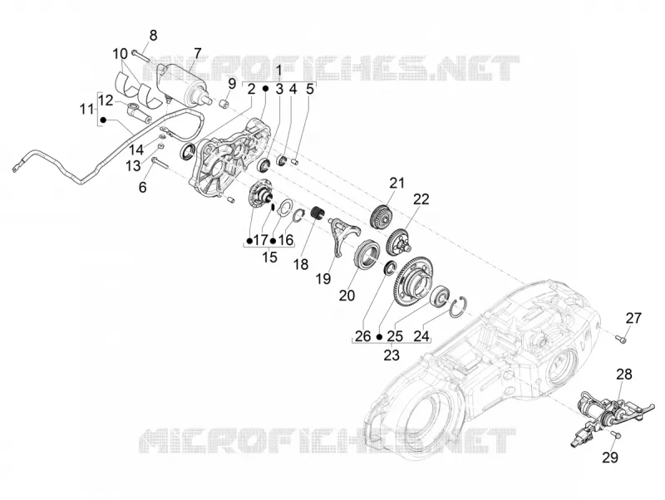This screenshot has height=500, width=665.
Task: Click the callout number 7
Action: click(x=197, y=53)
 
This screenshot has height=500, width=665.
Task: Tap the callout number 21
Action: click(x=397, y=184)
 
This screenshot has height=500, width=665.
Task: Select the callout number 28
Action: click(x=624, y=374)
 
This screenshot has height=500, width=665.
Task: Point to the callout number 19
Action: click(x=323, y=279)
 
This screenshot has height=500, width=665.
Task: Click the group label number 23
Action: click(x=392, y=355)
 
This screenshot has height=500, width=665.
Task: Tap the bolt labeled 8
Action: click(x=140, y=55)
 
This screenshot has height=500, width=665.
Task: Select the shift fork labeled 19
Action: click(x=345, y=235)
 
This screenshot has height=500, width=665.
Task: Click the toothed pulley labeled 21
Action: click(x=382, y=216)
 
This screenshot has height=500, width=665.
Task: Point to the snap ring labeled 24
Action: click(x=458, y=307)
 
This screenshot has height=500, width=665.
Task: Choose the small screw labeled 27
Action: click(x=621, y=338)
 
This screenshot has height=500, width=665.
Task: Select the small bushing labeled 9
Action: click(x=224, y=103)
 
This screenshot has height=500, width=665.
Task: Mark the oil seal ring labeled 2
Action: click(x=189, y=152)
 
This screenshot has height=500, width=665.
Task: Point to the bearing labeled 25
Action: click(x=440, y=297)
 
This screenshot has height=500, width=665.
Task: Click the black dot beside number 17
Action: click(x=249, y=241)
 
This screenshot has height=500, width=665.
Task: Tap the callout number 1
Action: click(x=279, y=71)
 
